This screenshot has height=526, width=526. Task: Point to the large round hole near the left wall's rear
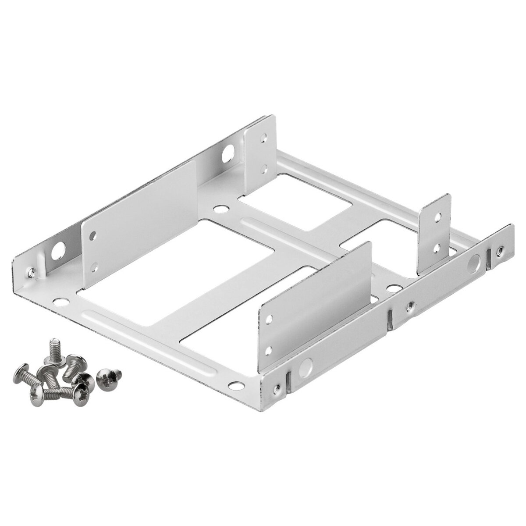point(228,154)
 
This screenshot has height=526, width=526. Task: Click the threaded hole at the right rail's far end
point(500,251)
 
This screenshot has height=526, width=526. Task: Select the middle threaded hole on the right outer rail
point(410,306)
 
